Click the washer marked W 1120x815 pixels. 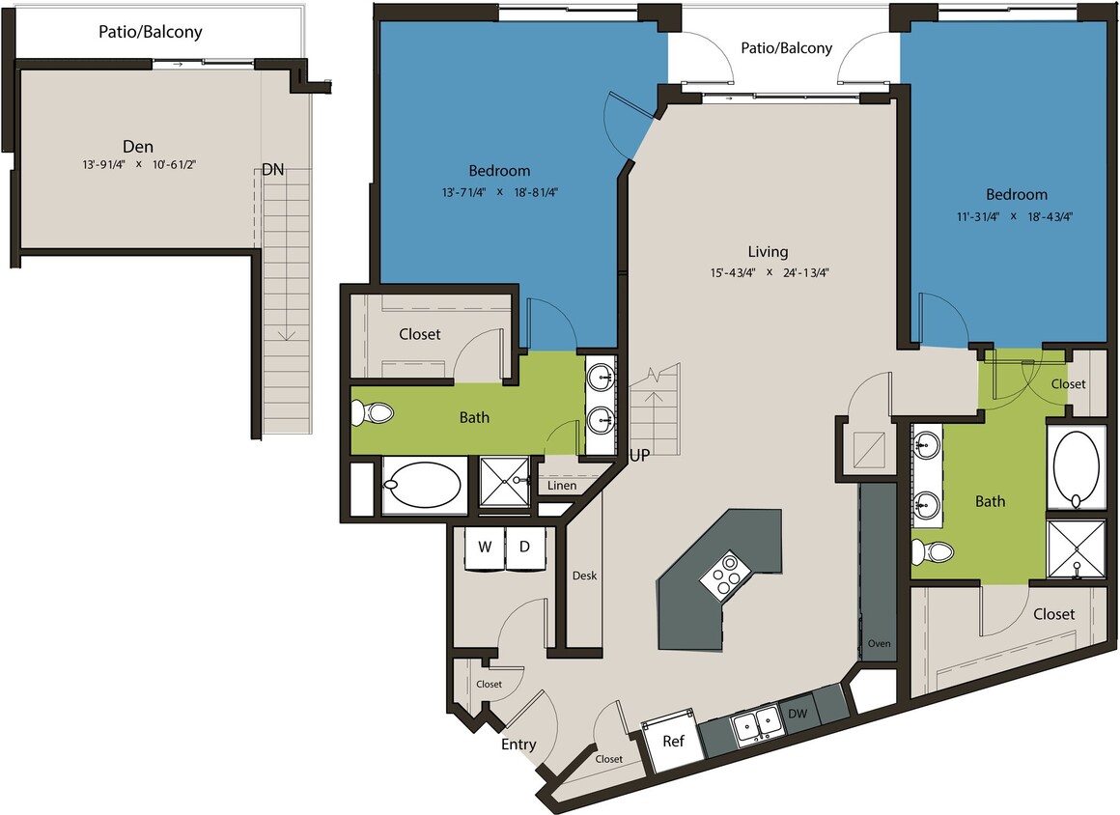[486, 548]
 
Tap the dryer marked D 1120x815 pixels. [525, 548]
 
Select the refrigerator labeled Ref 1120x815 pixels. [674, 742]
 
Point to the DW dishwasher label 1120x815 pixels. [798, 713]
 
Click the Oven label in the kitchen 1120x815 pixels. [879, 643]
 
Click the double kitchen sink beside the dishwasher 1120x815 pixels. [755, 722]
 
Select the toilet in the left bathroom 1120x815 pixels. [373, 414]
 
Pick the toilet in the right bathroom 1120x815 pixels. [931, 552]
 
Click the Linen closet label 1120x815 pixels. [561, 485]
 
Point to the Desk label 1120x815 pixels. [584, 576]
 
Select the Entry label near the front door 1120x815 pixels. [518, 745]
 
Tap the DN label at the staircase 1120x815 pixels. [273, 169]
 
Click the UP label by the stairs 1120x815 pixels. [639, 454]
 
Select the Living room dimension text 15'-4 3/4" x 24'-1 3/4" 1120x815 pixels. [769, 272]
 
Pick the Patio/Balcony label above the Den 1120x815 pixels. [150, 32]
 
